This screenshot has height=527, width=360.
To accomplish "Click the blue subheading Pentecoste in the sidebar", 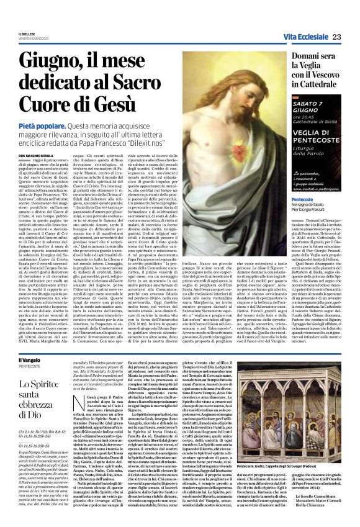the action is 302,199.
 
